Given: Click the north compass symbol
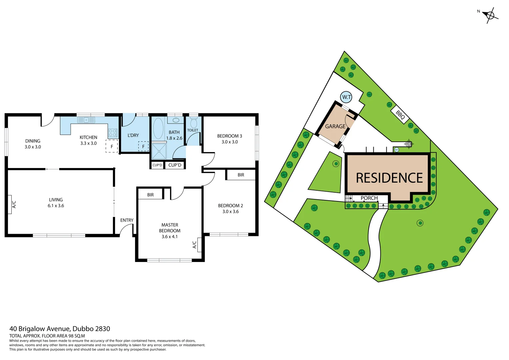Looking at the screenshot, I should click(490, 15).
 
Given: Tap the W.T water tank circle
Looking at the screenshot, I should click(346, 97).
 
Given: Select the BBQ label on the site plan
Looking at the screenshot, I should click(400, 115).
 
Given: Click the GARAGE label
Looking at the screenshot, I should click(335, 126).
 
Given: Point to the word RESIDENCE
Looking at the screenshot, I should click(389, 178).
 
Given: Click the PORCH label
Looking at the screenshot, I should click(369, 198).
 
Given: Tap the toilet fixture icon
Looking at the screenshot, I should click(193, 122).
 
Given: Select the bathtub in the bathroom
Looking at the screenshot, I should click(158, 128).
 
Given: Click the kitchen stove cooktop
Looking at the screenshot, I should click(113, 133).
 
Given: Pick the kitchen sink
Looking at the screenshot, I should click(86, 120).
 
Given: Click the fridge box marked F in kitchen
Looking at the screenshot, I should click(112, 146).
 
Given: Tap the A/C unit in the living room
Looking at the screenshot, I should click(10, 204).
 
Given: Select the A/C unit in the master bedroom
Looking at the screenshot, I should click(199, 245).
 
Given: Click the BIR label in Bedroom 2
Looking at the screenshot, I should click(241, 175).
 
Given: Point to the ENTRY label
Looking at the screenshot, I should click(127, 220).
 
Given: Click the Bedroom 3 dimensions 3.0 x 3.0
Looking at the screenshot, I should click(230, 142).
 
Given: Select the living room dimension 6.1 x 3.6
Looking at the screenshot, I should click(56, 206).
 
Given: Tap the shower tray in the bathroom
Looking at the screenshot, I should click(159, 151).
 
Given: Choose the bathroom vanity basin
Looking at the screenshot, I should click(176, 120).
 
